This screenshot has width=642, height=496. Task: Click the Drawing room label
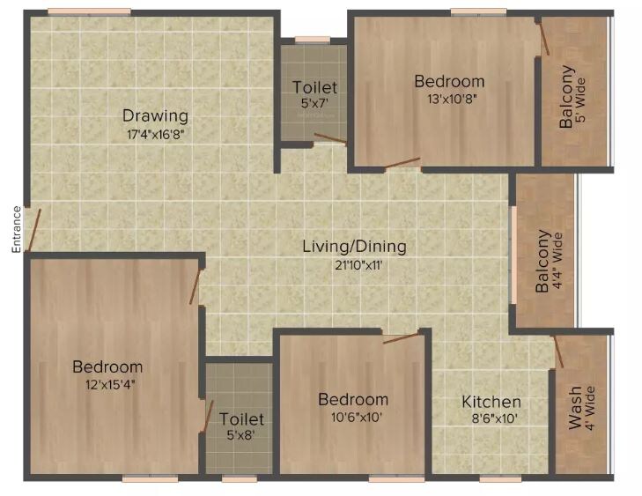tap(155, 115)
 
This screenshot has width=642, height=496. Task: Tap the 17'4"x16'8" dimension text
tap(155, 135)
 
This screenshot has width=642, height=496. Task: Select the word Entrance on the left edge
tap(16, 229)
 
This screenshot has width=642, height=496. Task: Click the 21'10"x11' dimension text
tap(354, 265)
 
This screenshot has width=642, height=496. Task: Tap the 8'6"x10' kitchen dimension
tap(491, 420)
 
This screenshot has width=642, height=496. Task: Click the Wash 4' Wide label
tap(582, 408)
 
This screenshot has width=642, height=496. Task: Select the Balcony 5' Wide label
tap(574, 97)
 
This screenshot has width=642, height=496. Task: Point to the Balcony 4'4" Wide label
tap(550, 261)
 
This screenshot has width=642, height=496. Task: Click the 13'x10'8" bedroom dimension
tap(449, 100)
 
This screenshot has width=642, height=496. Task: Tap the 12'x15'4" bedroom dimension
tap(107, 385)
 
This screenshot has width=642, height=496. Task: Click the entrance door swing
tap(33, 231)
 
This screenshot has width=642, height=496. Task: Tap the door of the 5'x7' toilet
tap(330, 137)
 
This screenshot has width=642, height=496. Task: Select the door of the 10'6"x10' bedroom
tap(400, 337)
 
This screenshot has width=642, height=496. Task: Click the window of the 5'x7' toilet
tap(312, 39)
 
